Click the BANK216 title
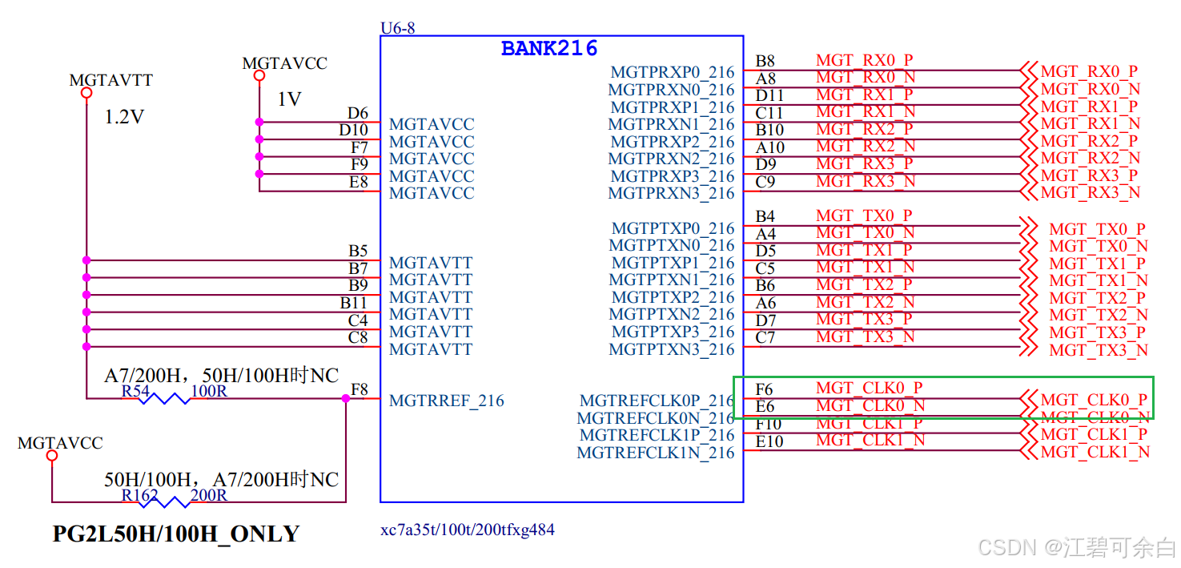[549, 48]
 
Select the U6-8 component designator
[397, 29]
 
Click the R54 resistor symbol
[164, 398]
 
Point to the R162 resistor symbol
[164, 502]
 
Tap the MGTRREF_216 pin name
[447, 401]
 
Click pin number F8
[360, 390]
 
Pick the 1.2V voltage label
[124, 117]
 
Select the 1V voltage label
[289, 99]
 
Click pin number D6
[357, 114]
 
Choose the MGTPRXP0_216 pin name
[672, 73]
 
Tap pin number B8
[765, 62]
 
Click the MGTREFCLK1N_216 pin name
[655, 453]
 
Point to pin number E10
[769, 441]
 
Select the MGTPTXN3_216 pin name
[672, 349]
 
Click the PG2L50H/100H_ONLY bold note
[176, 534]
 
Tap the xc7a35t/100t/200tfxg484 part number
[468, 530]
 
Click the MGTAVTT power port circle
[86, 93]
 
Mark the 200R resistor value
[209, 495]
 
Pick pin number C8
[358, 338]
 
